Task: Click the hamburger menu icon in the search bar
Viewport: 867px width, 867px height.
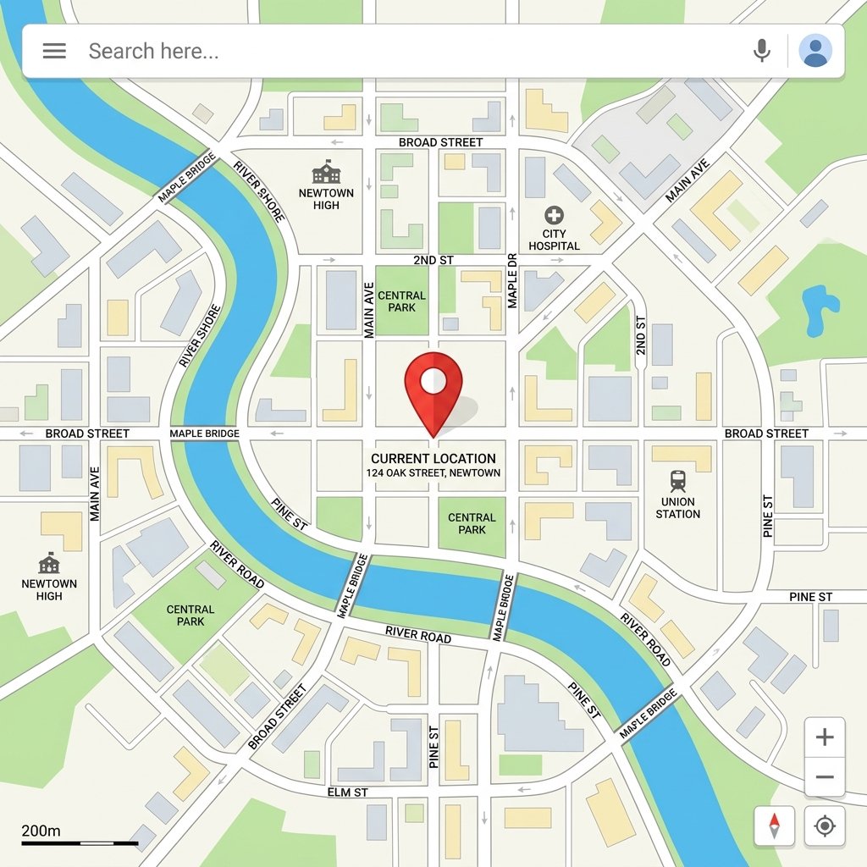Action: [x=54, y=51]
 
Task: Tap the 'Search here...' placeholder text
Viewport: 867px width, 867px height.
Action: [x=153, y=52]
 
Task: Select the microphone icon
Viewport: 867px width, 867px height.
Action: [x=762, y=51]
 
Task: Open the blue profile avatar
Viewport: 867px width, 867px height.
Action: [x=815, y=51]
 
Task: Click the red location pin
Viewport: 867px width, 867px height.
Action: [x=433, y=386]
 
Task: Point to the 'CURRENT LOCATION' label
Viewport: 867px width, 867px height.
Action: [x=433, y=458]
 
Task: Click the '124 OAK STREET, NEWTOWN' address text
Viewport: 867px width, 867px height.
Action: [x=433, y=472]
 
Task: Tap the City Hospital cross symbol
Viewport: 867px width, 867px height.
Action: [x=554, y=214]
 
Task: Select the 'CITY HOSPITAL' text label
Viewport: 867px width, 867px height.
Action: [x=554, y=240]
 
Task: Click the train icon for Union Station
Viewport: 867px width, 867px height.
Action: [x=678, y=481]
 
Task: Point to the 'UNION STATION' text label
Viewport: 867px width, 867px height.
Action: [x=678, y=507]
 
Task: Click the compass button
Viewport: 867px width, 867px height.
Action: [x=774, y=826]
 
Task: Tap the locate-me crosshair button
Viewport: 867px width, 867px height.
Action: [x=825, y=826]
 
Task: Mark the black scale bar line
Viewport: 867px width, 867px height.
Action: [x=80, y=843]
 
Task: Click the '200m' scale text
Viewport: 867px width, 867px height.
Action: [x=41, y=831]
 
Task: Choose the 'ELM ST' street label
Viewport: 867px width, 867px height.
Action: [x=347, y=792]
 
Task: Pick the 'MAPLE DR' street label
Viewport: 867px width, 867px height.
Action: [x=511, y=280]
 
